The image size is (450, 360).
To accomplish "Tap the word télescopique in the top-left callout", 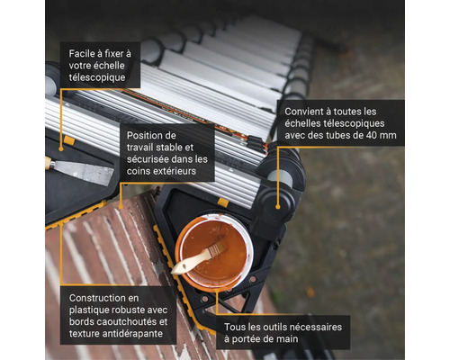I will pyautogui.click(x=103, y=77).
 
